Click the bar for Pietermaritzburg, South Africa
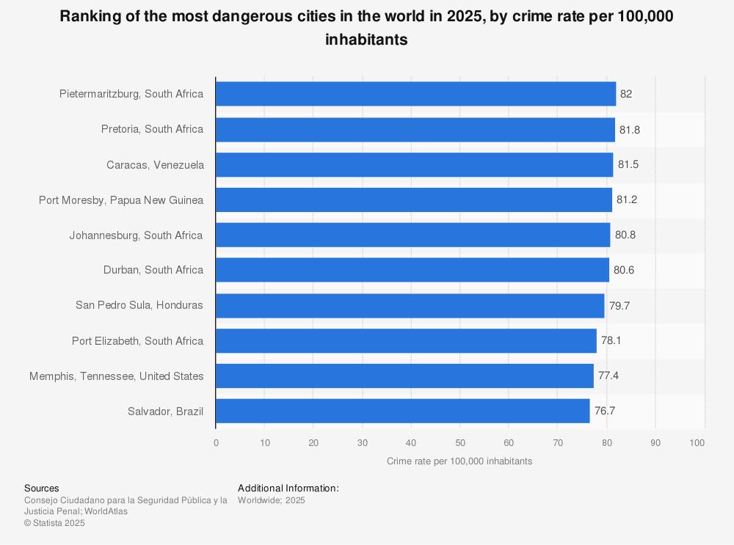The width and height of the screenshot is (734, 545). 415,94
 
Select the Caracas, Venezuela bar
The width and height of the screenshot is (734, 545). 414,164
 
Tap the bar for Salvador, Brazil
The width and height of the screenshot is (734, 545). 402,411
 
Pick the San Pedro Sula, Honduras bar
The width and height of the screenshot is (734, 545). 410,305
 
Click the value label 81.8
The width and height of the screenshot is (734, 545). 630,129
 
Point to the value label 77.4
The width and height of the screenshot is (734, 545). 608,376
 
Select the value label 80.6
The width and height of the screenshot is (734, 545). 624,270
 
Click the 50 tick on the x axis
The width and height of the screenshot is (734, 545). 459,443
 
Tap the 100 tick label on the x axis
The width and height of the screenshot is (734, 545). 697,443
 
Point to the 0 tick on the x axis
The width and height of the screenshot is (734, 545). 216,443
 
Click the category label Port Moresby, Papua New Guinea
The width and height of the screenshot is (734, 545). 121,200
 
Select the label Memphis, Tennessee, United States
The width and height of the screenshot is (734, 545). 117,376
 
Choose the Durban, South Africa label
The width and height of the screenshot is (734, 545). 153,270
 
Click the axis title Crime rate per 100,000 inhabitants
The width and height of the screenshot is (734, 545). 459,461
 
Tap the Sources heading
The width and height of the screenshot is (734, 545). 42,488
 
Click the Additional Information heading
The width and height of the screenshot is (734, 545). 288,488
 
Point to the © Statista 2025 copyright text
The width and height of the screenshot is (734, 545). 54,523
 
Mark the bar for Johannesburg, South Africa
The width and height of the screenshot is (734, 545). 413,235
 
